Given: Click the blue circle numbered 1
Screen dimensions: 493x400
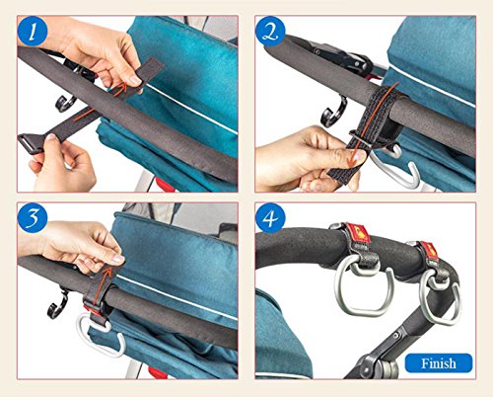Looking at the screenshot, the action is (x=33, y=33).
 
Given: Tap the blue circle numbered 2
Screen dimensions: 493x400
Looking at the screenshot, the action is (x=270, y=33).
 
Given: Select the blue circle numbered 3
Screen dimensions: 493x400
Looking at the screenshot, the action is (x=33, y=219).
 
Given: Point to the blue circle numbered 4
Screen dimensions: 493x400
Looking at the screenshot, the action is (x=270, y=219).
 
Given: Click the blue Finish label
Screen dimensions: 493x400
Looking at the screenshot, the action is (x=439, y=363).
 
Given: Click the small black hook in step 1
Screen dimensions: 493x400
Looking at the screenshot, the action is (x=65, y=103).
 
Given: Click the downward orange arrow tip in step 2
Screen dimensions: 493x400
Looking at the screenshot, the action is (x=352, y=164).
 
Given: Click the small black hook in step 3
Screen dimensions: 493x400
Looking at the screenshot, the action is (x=59, y=304).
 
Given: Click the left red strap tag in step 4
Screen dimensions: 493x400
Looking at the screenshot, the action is (x=357, y=232).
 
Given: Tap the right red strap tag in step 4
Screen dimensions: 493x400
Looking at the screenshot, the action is (x=429, y=251).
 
